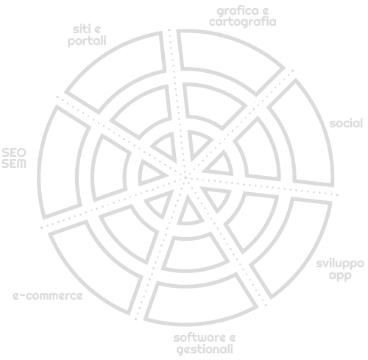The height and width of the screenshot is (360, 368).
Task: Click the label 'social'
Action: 346,124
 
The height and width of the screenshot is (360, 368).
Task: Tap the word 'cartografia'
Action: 243,22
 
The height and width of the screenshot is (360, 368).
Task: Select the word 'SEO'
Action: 14,153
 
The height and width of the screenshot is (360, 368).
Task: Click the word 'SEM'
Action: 14,163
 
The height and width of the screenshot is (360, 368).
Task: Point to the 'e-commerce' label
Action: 48,296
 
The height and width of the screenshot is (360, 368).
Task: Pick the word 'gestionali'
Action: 205,349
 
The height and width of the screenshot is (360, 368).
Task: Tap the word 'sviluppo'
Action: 340,264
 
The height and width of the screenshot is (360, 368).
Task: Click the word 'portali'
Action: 87,40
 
